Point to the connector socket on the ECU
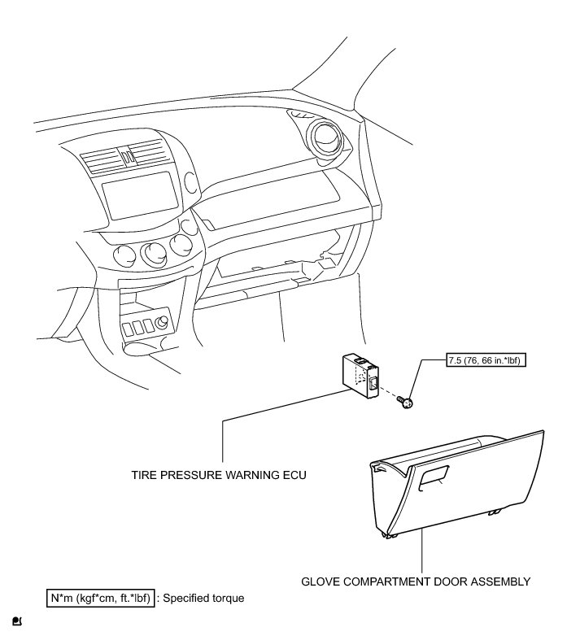click(x=375, y=385)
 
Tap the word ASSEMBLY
click(x=503, y=582)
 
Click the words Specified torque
click(x=204, y=599)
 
